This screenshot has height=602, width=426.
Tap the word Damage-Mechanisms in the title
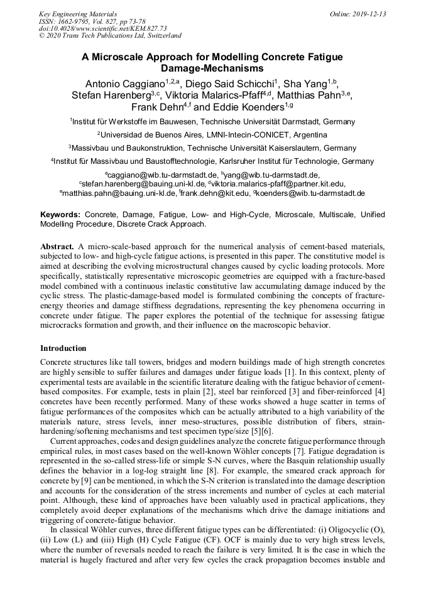(x=212, y=68)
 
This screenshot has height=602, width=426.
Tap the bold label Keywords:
(x=60, y=215)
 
